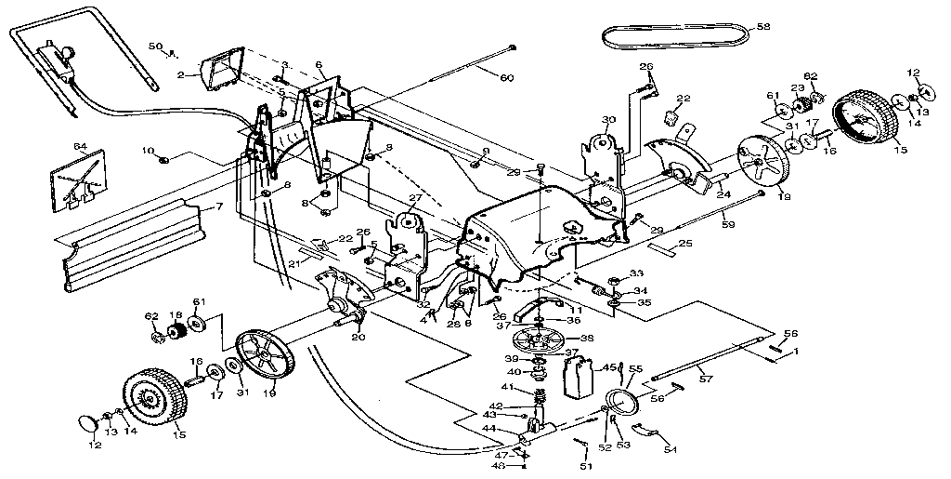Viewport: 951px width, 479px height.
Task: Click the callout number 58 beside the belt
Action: click(763, 27)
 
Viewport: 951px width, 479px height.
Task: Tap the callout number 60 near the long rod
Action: click(506, 77)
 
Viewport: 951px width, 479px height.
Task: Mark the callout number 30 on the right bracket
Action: click(609, 120)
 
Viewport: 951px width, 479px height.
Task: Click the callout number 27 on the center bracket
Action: click(414, 198)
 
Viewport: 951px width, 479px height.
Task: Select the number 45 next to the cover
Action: click(609, 367)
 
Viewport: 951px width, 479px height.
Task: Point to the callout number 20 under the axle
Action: click(357, 338)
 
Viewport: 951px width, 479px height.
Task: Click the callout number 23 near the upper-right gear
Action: click(797, 88)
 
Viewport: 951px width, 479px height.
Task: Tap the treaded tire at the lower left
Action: click(152, 403)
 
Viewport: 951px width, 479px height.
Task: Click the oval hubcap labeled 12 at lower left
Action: click(86, 424)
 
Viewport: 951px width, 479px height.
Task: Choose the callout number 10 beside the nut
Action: click(148, 150)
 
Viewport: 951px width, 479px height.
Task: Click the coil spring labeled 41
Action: click(536, 404)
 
